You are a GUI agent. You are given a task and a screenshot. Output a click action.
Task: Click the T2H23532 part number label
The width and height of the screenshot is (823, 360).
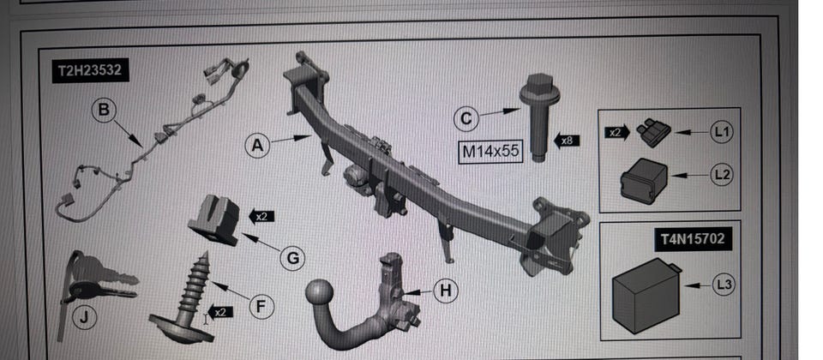90,71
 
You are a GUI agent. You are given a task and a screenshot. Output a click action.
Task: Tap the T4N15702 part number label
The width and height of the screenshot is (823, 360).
693,239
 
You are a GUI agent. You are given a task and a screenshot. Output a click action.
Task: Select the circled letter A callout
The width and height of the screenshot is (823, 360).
257,145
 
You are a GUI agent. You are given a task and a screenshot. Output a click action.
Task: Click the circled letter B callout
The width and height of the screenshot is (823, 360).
104,111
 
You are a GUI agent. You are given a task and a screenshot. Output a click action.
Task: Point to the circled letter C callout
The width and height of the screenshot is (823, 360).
466,118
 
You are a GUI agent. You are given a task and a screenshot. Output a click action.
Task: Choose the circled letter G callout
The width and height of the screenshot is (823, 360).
292,258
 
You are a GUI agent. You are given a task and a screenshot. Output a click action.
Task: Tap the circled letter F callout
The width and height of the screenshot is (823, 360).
261,306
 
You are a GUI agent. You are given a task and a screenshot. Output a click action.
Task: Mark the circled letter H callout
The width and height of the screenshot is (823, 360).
445,291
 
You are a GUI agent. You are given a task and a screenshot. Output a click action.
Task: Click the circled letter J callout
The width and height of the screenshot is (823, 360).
85,317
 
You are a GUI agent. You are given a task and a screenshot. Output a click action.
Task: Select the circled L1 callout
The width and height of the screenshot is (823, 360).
722,132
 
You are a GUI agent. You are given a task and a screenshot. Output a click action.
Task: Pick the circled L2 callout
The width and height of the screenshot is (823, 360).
722,174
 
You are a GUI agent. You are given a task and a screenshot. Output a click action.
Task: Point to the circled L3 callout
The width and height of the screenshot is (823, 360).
724,285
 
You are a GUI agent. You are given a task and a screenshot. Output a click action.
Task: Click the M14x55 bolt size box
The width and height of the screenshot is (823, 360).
490,151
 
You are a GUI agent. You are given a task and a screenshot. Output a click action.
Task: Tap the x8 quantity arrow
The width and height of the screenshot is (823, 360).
567,141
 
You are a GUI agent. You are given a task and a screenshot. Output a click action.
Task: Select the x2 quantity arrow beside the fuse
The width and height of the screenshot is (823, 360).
617,132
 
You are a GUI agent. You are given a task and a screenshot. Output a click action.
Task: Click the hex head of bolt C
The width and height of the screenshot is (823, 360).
539,84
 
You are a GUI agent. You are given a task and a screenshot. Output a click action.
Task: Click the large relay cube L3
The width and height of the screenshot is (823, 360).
646,296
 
